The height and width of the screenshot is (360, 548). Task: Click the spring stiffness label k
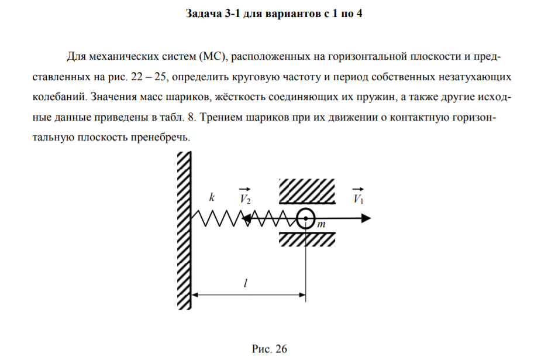pos(212,197)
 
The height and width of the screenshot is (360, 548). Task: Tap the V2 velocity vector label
pos(245,196)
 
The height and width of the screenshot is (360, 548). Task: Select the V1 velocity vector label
pos(359,196)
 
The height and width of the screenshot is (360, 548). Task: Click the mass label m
pos(321,224)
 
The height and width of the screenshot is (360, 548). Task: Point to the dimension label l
pos(245,283)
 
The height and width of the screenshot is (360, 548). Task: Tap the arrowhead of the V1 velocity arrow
pos(366,218)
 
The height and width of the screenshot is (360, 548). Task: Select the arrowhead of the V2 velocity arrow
pos(246,219)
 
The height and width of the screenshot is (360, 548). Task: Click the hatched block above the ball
pos(307,191)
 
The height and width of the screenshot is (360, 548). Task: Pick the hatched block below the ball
pos(307,239)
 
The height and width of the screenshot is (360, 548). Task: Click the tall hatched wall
pos(184,231)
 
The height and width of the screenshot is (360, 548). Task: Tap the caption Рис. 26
pos(270,349)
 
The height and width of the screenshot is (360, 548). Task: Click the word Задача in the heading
pos(204,13)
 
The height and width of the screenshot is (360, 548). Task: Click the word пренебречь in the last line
pos(160,137)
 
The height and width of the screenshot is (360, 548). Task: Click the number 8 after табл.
pos(191,117)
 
